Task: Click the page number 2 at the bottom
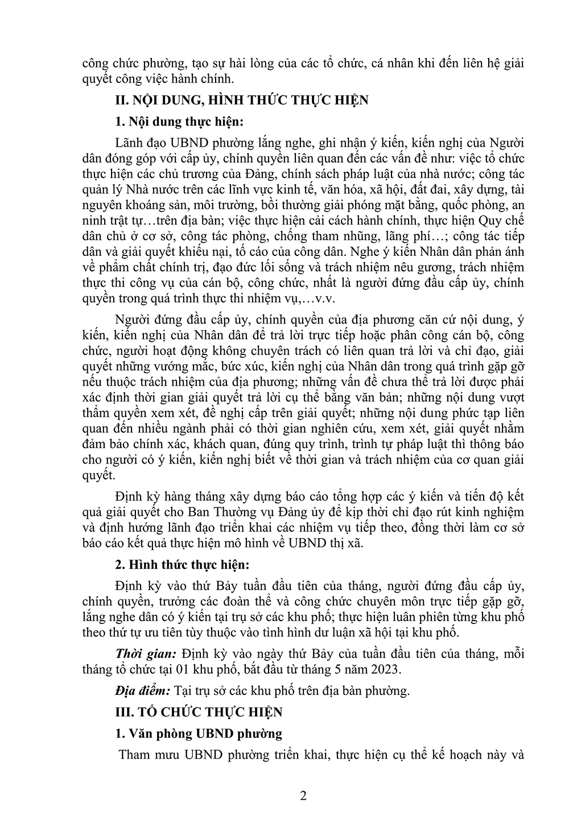(x=303, y=796)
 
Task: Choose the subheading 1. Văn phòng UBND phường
(x=199, y=734)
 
